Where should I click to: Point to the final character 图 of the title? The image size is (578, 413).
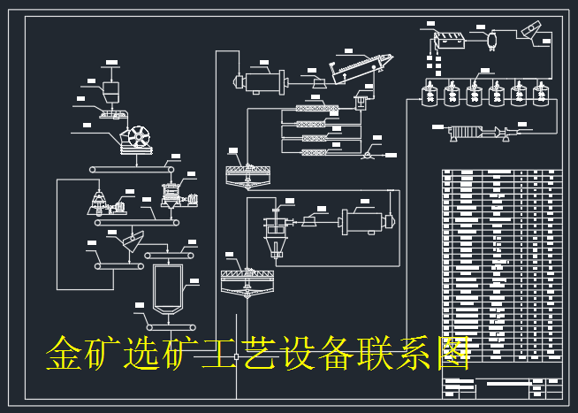[451, 354]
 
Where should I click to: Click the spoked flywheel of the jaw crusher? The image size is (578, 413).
[139, 140]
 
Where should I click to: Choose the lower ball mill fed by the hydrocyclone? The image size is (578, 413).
[365, 219]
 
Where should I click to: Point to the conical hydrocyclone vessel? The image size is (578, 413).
[276, 232]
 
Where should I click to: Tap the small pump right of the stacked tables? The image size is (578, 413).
[365, 153]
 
